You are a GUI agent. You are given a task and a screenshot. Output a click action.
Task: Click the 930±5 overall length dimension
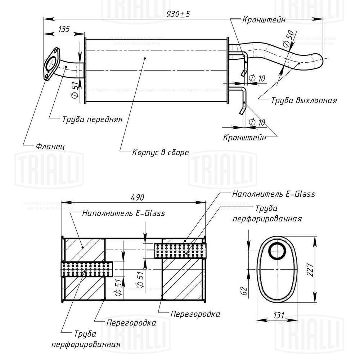point(179,14)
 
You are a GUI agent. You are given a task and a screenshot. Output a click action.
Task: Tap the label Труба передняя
point(92,119)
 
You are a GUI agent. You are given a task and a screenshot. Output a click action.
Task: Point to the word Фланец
point(50,147)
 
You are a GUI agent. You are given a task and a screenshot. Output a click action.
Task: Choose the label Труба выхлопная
point(304,100)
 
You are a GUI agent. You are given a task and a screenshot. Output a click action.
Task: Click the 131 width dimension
point(278,315)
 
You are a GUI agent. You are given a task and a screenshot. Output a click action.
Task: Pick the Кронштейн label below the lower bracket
point(245,137)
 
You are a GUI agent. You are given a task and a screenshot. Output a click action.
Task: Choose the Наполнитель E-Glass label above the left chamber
point(123,213)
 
